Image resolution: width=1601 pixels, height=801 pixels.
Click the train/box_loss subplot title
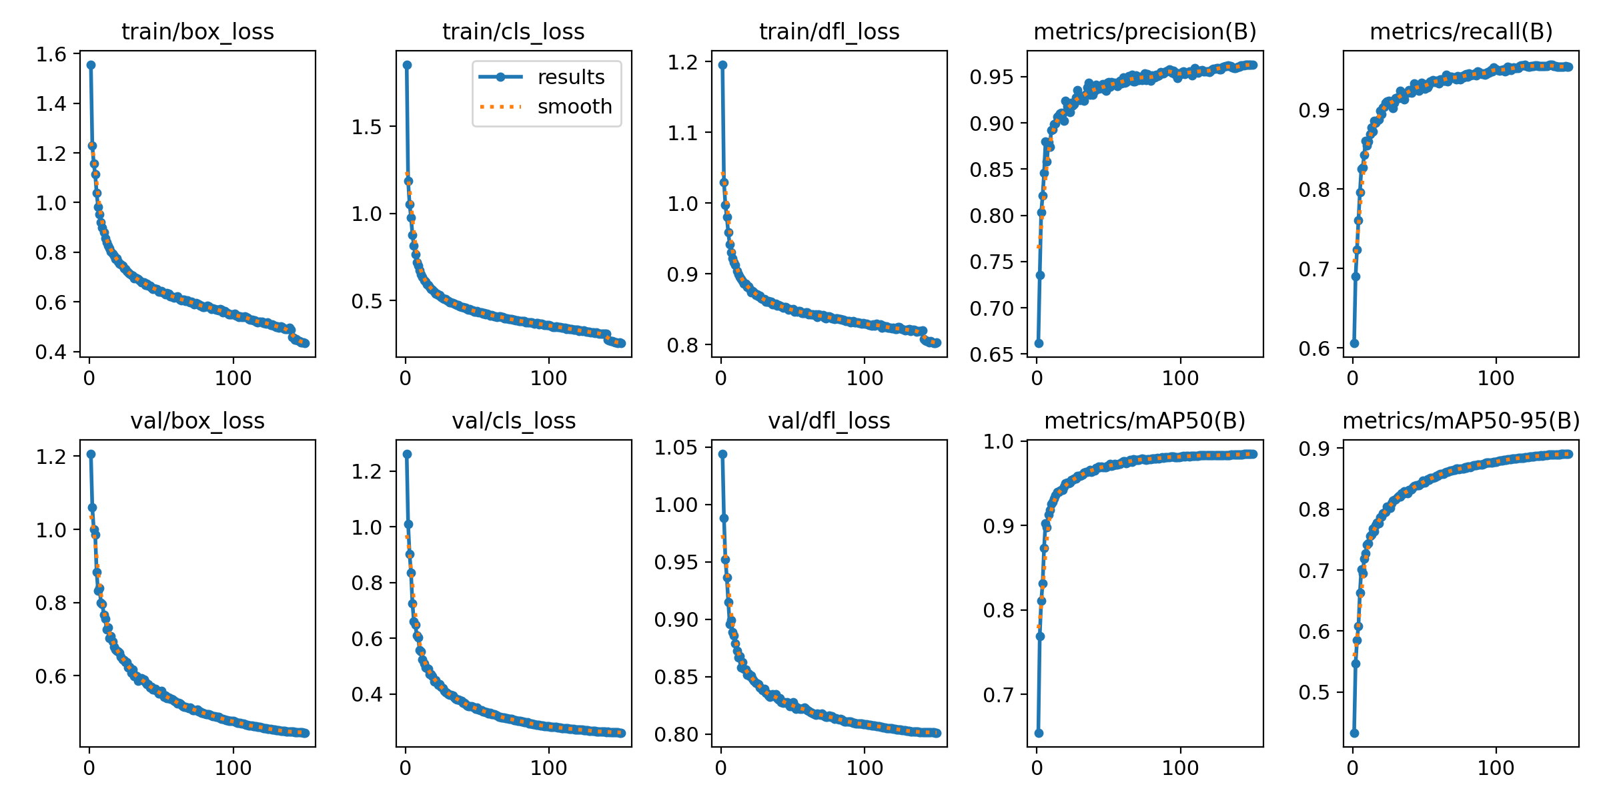(197, 32)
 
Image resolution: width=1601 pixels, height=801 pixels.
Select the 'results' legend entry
(570, 77)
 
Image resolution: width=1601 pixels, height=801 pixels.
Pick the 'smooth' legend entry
(574, 107)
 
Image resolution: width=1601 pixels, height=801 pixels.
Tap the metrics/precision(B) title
(1145, 32)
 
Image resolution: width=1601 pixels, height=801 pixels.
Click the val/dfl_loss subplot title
(829, 421)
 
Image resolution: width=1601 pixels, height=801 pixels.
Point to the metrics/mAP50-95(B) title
(1461, 421)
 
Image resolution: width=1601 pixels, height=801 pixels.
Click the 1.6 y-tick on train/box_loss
(51, 54)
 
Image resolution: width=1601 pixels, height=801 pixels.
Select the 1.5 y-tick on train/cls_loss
(368, 127)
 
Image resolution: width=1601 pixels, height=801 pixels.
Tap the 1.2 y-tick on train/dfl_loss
(683, 62)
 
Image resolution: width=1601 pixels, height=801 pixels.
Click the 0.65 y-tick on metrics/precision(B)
(991, 354)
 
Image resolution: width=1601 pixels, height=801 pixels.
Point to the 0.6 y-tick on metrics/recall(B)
(1314, 348)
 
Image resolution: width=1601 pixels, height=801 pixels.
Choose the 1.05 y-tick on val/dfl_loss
(676, 448)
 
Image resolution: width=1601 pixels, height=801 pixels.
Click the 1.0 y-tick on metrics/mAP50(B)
(999, 441)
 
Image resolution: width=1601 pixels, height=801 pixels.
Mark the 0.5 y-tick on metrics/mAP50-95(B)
(1314, 693)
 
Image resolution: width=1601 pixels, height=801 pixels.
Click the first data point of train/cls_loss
(407, 65)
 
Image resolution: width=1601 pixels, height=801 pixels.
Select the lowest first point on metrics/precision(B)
(1039, 343)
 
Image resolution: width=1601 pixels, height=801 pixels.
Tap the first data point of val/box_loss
(91, 454)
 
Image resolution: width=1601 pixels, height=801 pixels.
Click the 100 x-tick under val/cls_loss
(548, 768)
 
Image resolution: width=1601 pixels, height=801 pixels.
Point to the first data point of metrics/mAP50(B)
(1039, 733)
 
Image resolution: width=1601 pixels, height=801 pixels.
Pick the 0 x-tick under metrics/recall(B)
(1352, 378)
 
